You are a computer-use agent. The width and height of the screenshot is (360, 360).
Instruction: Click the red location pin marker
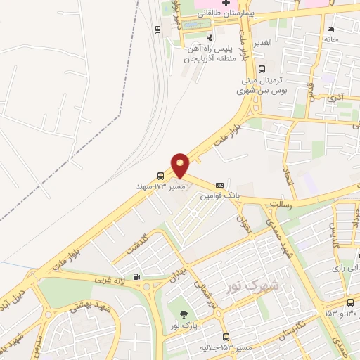click(181, 165)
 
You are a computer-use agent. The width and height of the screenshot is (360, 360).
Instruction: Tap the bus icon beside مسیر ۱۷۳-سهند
click(161, 176)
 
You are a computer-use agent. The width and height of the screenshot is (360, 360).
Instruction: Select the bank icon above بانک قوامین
click(219, 184)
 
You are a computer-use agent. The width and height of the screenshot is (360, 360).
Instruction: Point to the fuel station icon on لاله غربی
click(136, 276)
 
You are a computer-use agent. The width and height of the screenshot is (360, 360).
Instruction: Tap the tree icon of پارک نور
click(184, 314)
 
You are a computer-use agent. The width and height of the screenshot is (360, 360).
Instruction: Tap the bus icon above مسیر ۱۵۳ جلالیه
click(225, 337)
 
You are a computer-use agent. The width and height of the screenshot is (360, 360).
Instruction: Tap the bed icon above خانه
click(330, 29)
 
